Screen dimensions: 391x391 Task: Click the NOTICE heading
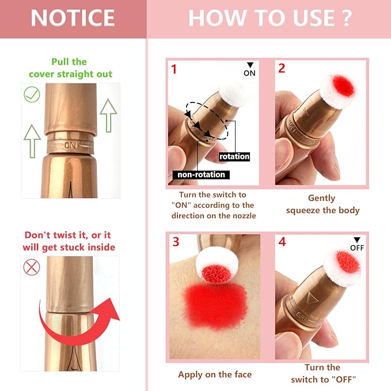coord(73,18)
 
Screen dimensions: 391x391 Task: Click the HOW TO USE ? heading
coord(269,18)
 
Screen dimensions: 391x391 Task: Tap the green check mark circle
coord(32,94)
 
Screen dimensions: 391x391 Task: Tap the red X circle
coord(31,267)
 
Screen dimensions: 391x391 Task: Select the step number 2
coord(282,69)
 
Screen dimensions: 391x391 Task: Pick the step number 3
coord(176,242)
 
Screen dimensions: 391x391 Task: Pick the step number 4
coord(282,242)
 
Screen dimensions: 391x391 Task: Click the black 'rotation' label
coord(234,156)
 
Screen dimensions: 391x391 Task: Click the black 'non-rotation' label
coord(200,174)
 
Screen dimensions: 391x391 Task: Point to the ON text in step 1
coord(249,73)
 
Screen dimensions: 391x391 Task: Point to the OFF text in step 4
coord(358,248)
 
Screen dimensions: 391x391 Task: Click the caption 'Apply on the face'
coord(215,375)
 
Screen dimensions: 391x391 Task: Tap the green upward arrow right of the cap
coord(108,115)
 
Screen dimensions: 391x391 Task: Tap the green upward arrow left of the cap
coord(32,141)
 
